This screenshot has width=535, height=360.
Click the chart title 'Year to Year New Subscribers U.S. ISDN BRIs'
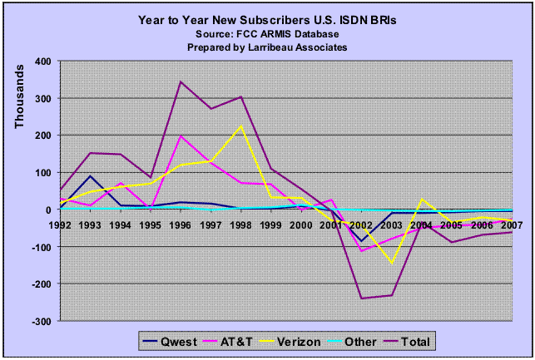tap(267, 17)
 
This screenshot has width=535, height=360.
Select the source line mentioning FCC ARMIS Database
tap(267, 32)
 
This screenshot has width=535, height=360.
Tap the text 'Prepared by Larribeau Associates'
tap(267, 47)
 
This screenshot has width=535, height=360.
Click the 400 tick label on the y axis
tap(42, 62)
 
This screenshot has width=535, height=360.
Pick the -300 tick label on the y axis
tap(40, 321)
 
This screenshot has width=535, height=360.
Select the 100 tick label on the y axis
tap(42, 173)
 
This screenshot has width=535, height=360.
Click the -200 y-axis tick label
tap(40, 284)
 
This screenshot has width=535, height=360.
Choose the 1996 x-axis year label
tap(181, 224)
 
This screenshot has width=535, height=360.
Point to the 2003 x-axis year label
tap(390, 224)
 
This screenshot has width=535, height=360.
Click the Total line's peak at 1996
tap(181, 81)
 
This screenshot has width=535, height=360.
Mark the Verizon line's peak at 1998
tap(241, 126)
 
